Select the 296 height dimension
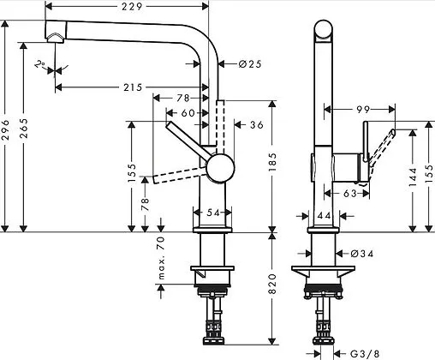(7, 129)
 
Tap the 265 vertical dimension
(26, 129)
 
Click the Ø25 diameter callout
(239, 63)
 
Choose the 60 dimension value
(188, 112)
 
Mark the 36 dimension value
(256, 126)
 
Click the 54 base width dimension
(212, 212)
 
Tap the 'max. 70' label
(160, 259)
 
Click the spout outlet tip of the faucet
(55, 36)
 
